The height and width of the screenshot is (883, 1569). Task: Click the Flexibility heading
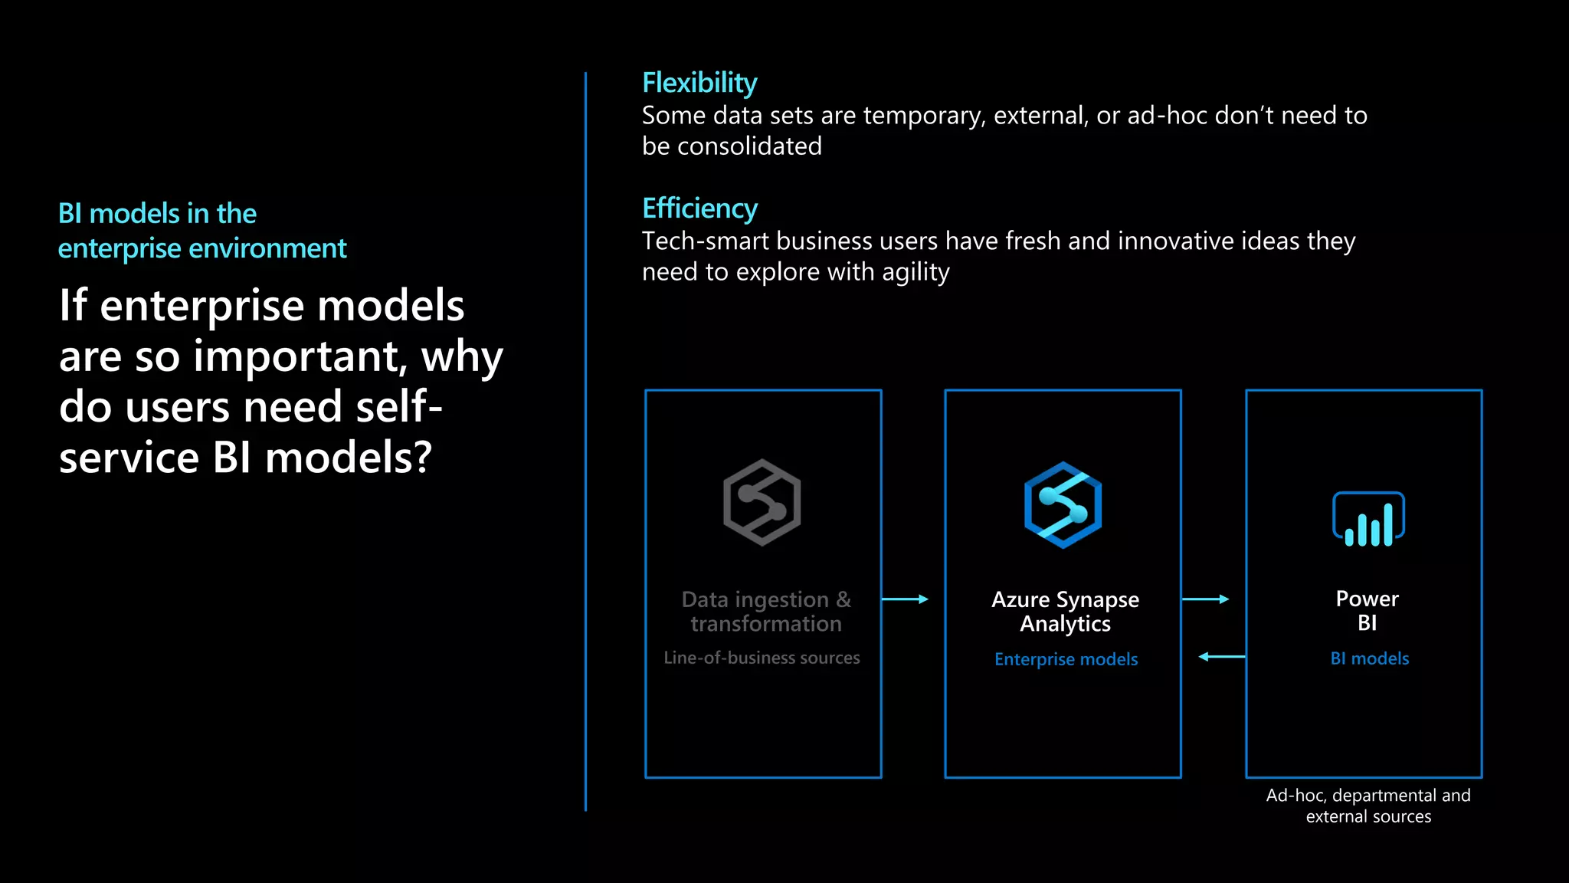(699, 83)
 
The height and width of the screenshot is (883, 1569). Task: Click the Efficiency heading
(699, 208)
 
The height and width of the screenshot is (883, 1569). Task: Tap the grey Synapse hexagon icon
(762, 503)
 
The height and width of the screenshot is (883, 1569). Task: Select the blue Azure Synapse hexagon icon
(1063, 505)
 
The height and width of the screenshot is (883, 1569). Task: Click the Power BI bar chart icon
(1368, 520)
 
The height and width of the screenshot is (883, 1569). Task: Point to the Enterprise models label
(1066, 659)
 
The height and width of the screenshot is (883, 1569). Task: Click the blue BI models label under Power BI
(1369, 658)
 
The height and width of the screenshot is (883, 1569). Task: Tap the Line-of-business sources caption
(762, 658)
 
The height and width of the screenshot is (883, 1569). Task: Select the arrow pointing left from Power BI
(1221, 657)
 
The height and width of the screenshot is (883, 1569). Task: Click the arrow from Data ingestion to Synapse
(905, 599)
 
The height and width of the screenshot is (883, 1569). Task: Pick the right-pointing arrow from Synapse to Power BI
(1205, 599)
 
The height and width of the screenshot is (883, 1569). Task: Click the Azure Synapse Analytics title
(1065, 611)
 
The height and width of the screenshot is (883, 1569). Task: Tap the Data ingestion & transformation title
(765, 611)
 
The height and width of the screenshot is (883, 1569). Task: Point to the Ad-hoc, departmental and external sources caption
(1368, 806)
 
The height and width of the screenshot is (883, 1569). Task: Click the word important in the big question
(300, 356)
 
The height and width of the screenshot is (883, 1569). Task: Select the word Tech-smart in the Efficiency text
(705, 241)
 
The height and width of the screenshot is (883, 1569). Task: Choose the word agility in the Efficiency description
(916, 273)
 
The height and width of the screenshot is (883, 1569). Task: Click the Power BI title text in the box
(1367, 610)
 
